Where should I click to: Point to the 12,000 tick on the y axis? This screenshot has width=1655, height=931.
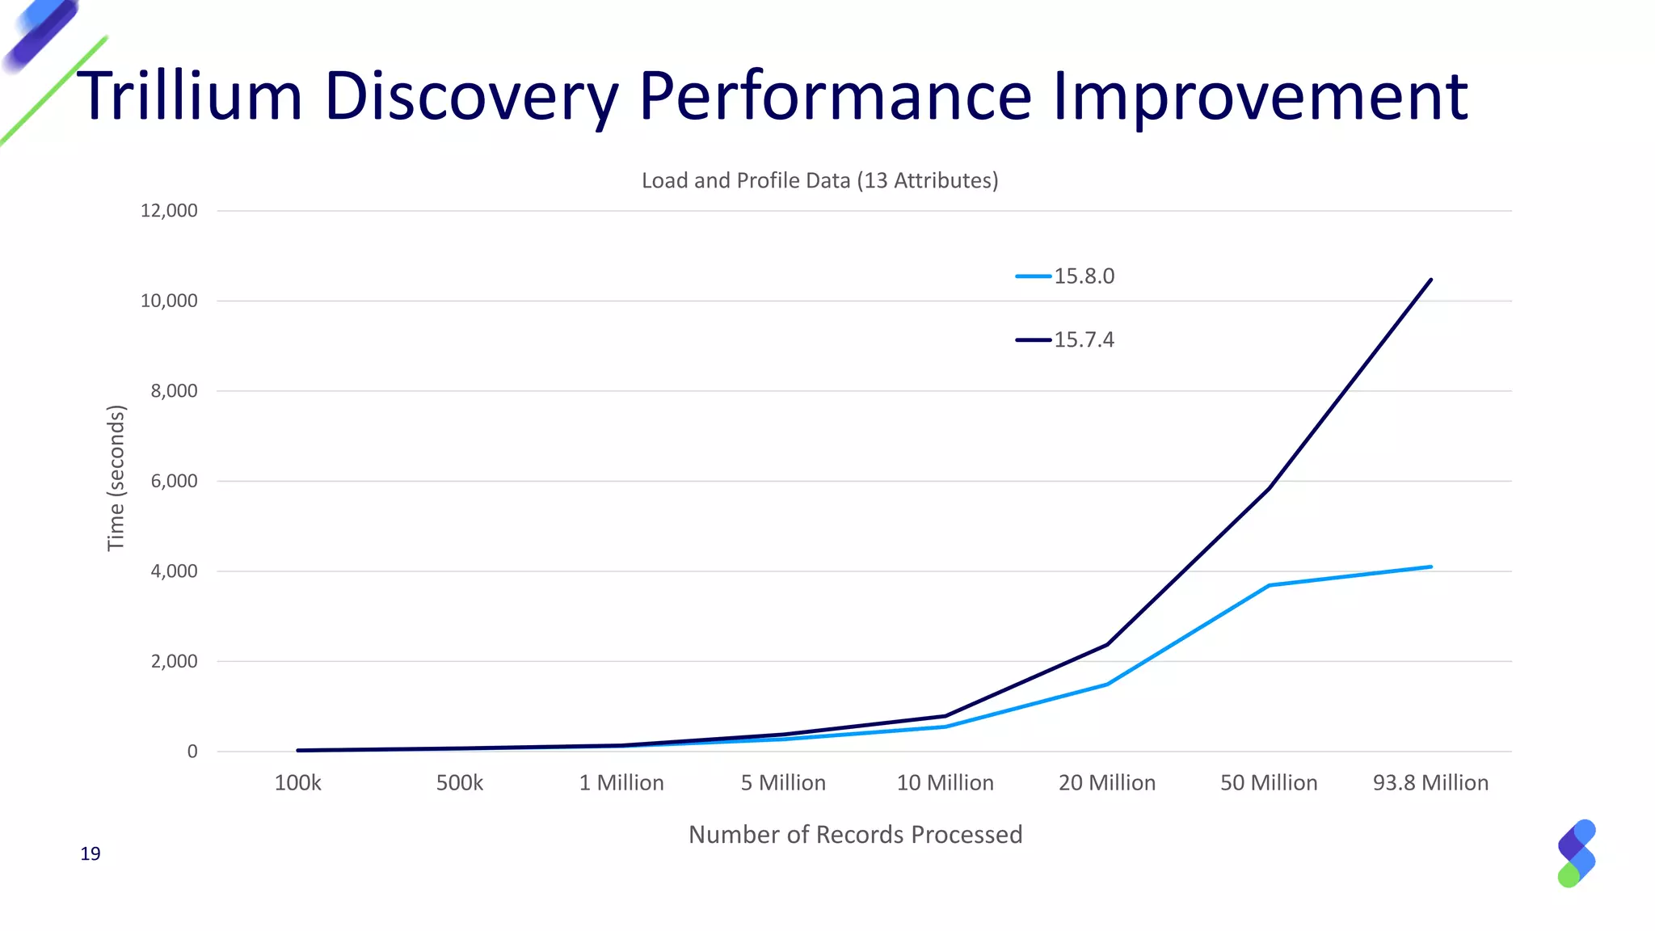tap(169, 211)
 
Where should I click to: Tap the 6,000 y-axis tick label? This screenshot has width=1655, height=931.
tap(174, 482)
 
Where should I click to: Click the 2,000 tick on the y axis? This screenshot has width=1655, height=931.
tap(174, 662)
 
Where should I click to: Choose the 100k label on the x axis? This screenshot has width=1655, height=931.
tap(297, 783)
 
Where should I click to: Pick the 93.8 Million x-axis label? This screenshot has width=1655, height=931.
tap(1430, 783)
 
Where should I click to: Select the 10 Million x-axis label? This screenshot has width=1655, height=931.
tap(945, 783)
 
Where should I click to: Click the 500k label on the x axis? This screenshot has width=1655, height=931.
tap(459, 783)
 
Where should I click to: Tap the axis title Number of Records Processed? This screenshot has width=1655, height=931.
tap(855, 835)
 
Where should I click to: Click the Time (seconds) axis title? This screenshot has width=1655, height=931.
tap(116, 478)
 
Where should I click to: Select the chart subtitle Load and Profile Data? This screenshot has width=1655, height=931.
tap(819, 180)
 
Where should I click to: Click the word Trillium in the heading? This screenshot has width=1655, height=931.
tap(190, 97)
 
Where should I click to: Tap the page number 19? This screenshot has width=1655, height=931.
tap(91, 854)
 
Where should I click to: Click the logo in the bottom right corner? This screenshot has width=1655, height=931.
tap(1576, 853)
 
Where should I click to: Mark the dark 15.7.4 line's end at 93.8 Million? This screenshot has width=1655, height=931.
tap(1431, 280)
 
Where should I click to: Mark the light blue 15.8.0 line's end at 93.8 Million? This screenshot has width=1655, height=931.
tap(1431, 567)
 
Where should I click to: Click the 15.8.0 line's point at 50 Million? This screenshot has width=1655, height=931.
tap(1269, 585)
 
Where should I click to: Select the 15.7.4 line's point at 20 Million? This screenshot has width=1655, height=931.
tap(1107, 644)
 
